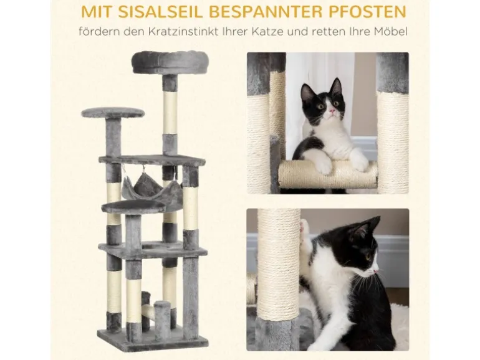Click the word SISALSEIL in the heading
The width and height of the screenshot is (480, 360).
point(160,12)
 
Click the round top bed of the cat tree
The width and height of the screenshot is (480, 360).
point(165,62)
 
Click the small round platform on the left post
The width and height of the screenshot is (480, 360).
point(113,112)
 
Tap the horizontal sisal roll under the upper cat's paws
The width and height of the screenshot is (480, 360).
point(328,174)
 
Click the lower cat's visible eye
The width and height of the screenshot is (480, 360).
point(368,257)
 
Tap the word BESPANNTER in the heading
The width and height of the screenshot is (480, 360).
point(265,12)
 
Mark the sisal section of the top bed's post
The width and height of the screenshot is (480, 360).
point(170,112)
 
